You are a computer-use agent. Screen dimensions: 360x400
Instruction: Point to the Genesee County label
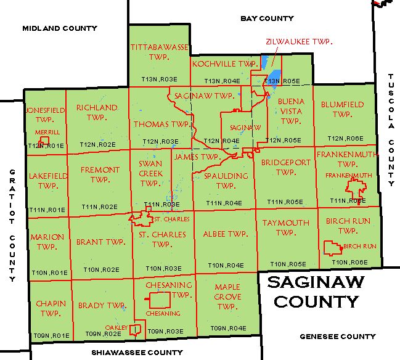(337, 337)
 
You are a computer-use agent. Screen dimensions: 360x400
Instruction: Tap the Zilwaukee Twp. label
(299, 41)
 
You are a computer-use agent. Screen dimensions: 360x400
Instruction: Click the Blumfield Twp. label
(342, 109)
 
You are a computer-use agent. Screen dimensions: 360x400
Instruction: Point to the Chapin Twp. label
(46, 309)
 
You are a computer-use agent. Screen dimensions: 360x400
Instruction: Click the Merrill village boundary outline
(43, 140)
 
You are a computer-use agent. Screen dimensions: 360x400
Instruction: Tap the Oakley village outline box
(136, 331)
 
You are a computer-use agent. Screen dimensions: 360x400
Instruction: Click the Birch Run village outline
(333, 248)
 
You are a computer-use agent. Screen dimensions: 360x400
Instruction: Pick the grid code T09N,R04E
(227, 328)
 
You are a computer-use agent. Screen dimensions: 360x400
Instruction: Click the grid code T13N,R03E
(159, 80)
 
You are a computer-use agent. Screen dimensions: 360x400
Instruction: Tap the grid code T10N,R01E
(49, 272)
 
